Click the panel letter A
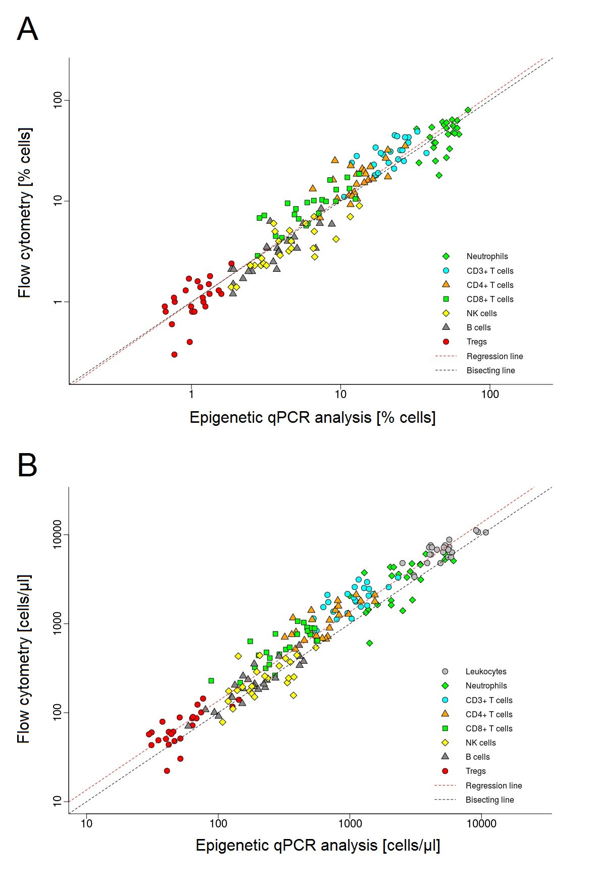click(27, 29)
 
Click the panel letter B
click(27, 465)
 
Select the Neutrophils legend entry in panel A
click(487, 257)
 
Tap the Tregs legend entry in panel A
click(476, 342)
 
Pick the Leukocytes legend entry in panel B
click(485, 672)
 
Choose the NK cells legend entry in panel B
click(480, 743)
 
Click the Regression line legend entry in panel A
click(495, 357)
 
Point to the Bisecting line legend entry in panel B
click(489, 800)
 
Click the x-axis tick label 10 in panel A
click(340, 395)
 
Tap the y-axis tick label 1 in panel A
click(60, 302)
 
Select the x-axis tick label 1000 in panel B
click(350, 824)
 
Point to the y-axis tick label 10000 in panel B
click(60, 534)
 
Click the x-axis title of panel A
click(312, 418)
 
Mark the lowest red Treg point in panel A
click(174, 355)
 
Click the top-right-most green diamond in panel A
click(468, 110)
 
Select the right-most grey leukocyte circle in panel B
click(485, 532)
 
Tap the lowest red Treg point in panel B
click(167, 771)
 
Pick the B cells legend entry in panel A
click(478, 328)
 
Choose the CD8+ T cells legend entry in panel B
click(488, 729)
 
